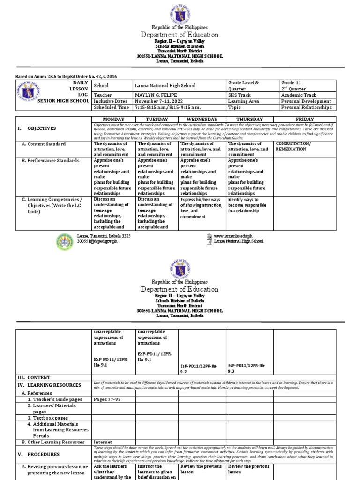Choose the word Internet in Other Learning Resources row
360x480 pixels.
[x=103, y=442]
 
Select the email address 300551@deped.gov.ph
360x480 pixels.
[x=97, y=241]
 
